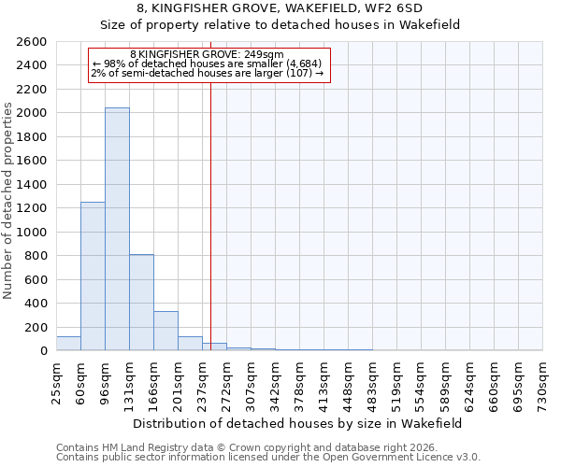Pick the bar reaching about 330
pyautogui.click(x=165, y=331)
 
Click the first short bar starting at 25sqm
pyautogui.click(x=68, y=344)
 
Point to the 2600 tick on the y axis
pyautogui.click(x=32, y=42)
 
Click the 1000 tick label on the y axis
pyautogui.click(x=32, y=233)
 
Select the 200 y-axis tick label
pyautogui.click(x=36, y=328)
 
